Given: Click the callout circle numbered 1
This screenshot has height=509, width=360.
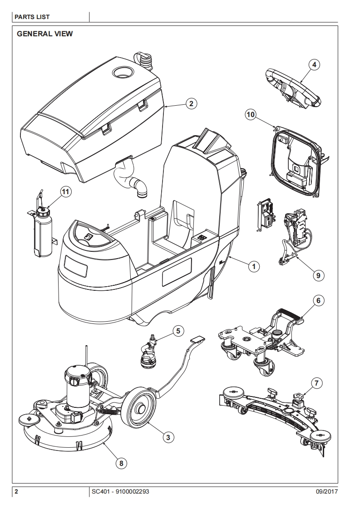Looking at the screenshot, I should pyautogui.click(x=253, y=267).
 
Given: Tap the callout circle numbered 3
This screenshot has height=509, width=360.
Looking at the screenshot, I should pyautogui.click(x=168, y=437).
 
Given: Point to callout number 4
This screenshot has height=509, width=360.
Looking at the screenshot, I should pyautogui.click(x=314, y=64).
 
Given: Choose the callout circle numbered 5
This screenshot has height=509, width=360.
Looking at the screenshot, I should pyautogui.click(x=178, y=331).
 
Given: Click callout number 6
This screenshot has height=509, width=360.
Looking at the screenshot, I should pyautogui.click(x=318, y=300).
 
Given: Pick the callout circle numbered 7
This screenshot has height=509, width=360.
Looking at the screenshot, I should pyautogui.click(x=318, y=382).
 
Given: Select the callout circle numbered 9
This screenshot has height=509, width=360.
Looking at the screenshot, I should pyautogui.click(x=318, y=274).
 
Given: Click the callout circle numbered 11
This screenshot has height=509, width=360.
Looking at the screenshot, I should pyautogui.click(x=66, y=192).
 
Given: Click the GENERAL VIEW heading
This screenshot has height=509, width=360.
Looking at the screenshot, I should pyautogui.click(x=44, y=34).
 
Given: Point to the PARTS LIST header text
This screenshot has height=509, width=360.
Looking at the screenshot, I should pyautogui.click(x=32, y=17).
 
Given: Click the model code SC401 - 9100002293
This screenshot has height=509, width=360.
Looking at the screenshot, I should pyautogui.click(x=120, y=492).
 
